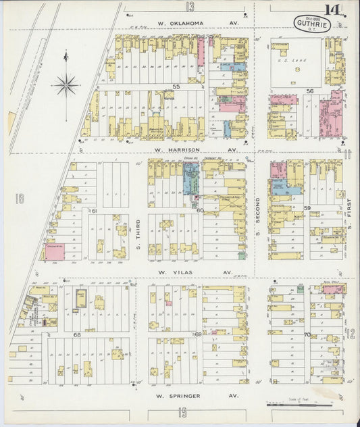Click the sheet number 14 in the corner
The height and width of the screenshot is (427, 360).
pos(332,11)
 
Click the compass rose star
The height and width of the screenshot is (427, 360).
pos(66,85)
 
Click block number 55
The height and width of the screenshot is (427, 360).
pos(176,87)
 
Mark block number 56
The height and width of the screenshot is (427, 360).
pos(311,91)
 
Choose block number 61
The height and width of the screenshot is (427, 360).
pos(95,211)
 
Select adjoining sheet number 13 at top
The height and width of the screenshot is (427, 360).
pos(191,6)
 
